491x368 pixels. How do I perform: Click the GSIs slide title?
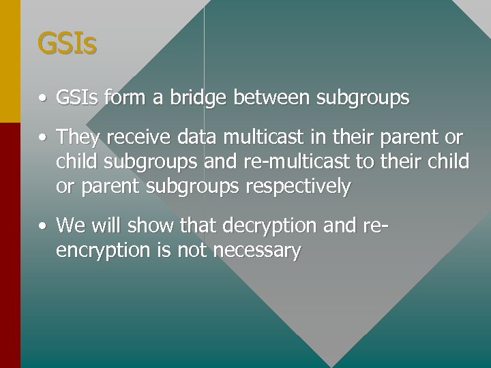(x=67, y=44)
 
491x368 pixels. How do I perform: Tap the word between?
(x=272, y=98)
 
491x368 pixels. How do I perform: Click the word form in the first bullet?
(x=125, y=98)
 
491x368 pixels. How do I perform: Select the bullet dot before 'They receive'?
(x=42, y=138)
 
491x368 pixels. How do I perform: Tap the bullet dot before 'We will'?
(x=42, y=226)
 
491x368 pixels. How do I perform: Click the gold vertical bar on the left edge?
(x=10, y=61)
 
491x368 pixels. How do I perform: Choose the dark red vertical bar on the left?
(x=10, y=245)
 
